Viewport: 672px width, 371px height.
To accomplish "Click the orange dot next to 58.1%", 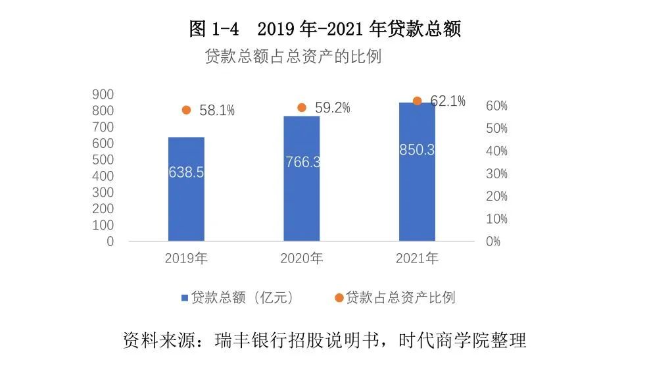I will coord(186,110).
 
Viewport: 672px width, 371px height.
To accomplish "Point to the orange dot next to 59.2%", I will coord(302,107).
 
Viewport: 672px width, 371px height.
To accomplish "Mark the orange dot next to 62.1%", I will coord(417,101).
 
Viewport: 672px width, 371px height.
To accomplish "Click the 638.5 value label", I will coord(186,172).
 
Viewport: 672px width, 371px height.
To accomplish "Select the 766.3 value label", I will coord(302,162).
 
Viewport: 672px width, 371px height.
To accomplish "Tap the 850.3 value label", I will coord(417,150).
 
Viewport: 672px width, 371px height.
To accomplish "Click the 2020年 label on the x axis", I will coord(302,259).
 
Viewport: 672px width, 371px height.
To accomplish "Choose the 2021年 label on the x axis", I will coord(417,259).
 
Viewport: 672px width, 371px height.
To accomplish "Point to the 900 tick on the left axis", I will coord(103,95).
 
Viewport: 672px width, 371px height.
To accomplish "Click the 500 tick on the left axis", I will coord(103,160).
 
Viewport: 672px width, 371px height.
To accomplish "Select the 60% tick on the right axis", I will coord(496,106).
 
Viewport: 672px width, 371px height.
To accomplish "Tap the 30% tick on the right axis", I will coord(496,174).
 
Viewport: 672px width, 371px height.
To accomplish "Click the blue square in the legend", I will coord(185,298).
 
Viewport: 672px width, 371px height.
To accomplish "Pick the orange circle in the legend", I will coord(339,298).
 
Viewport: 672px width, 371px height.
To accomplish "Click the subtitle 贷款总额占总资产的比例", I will coord(293,57).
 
